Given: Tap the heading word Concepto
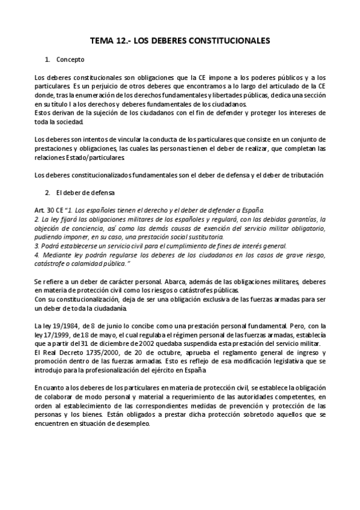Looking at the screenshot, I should [70, 60].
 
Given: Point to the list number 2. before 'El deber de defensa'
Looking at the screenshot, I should [47, 192].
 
